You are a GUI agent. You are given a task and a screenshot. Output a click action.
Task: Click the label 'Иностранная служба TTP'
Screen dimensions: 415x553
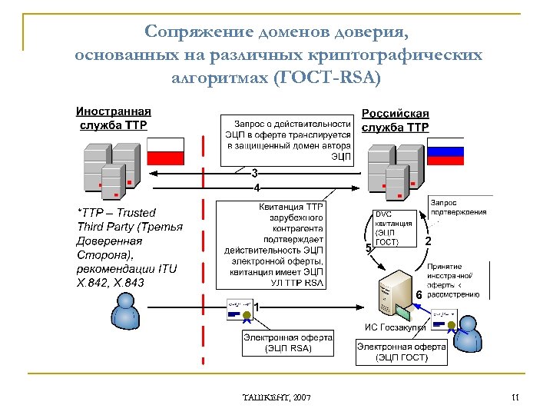pos(114,118)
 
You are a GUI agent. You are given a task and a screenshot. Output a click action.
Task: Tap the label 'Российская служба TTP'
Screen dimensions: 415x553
pos(396,120)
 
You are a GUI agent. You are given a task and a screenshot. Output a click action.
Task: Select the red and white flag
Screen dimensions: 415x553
pos(166,151)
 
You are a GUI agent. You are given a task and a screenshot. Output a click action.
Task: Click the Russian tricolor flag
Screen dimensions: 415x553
pos(446,151)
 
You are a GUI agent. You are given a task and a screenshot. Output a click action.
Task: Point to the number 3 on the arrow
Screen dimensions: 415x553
pos(254,173)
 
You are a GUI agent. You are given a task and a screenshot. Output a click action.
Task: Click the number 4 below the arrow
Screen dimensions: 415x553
pos(257,188)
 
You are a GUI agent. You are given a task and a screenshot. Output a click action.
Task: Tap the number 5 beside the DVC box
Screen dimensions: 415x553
pos(368,247)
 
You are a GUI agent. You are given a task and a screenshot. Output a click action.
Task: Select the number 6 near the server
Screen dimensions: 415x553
pos(419,294)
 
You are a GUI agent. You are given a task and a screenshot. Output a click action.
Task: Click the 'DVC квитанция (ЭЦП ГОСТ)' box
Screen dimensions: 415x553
pos(393,227)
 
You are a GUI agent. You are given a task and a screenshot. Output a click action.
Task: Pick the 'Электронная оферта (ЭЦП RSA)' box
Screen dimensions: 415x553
pos(288,343)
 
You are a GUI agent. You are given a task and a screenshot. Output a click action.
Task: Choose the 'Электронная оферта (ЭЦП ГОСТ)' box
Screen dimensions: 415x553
pos(402,352)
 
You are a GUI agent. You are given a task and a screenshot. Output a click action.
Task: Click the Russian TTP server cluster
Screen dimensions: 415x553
pos(393,171)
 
